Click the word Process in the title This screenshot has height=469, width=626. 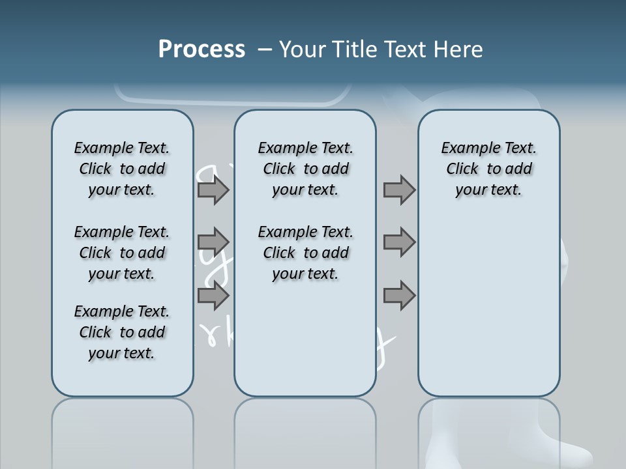point(201,50)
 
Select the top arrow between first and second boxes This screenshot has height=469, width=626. point(213,190)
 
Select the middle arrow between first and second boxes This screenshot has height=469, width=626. point(213,242)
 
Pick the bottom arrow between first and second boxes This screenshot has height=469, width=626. point(213,296)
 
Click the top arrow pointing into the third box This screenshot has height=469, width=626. point(399,190)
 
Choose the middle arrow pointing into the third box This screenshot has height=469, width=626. point(399,242)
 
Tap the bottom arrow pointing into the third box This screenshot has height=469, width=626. point(399,296)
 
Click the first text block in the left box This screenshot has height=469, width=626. point(122,169)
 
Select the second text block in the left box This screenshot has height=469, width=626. point(122,253)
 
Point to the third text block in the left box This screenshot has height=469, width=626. point(122,332)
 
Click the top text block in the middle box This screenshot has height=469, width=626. point(305,169)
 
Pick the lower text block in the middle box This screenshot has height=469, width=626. point(305,253)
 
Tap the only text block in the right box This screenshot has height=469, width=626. point(488,169)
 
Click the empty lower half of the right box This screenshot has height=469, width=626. point(488,313)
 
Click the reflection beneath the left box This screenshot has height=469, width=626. point(122,430)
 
